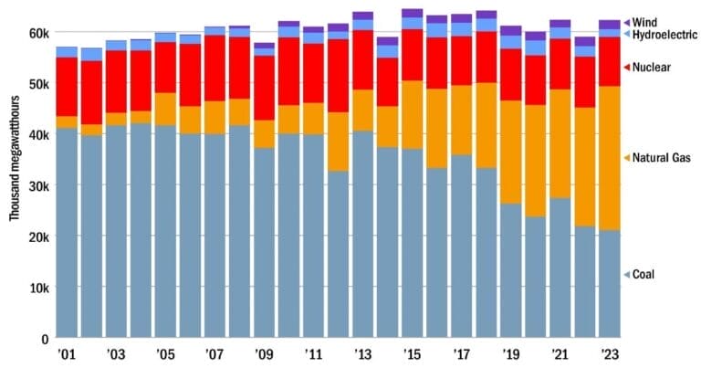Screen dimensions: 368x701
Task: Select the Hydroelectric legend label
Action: tap(659, 34)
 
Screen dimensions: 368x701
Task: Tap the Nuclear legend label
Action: tap(651, 68)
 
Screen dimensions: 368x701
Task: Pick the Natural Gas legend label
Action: tap(659, 158)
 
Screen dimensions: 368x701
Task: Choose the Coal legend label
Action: tap(643, 274)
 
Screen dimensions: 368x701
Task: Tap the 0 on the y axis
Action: tap(44, 339)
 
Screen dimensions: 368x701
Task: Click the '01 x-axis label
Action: tap(66, 353)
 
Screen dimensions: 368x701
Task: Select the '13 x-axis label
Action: tap(362, 353)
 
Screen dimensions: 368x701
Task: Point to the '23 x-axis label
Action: tap(610, 353)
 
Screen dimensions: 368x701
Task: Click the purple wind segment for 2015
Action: tap(412, 13)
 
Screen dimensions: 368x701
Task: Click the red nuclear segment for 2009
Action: tap(264, 88)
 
